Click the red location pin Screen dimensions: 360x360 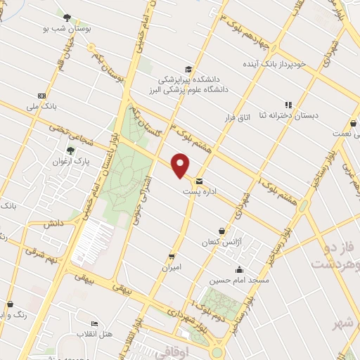(x=181, y=165)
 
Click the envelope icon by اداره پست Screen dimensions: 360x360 (x=199, y=181)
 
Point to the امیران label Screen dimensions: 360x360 (x=172, y=268)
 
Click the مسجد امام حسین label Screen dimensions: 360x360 (x=240, y=280)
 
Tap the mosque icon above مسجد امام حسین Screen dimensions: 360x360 (x=240, y=269)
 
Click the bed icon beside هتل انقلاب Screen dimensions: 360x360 (x=95, y=323)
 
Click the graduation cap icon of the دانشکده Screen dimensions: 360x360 (x=188, y=69)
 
